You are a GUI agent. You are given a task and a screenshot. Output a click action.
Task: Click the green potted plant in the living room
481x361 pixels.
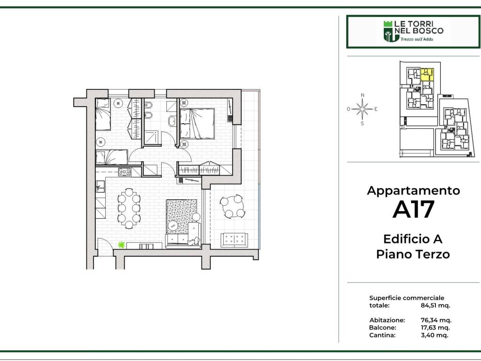click(122, 245)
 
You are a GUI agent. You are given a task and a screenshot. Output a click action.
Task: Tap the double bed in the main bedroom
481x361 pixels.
click(197, 124)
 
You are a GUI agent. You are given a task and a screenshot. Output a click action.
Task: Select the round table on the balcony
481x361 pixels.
click(232, 207)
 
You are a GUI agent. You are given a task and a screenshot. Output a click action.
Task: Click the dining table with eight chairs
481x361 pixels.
click(129, 208)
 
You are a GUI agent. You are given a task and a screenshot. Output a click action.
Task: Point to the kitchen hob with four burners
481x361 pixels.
click(124, 172)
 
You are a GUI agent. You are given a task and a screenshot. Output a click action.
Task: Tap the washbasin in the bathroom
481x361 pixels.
click(172, 121)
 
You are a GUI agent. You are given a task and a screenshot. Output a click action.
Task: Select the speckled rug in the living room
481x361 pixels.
click(181, 216)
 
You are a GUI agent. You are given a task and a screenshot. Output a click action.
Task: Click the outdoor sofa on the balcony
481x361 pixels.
click(234, 240)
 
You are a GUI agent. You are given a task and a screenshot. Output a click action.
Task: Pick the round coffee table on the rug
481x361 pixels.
click(172, 226)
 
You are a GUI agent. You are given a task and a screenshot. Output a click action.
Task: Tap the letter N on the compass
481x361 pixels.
click(363, 95)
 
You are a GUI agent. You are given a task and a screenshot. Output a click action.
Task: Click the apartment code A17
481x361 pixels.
click(413, 209)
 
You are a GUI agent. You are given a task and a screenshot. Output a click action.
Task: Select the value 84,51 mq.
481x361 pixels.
click(435, 306)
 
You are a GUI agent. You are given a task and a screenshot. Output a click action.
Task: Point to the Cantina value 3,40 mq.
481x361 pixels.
click(434, 335)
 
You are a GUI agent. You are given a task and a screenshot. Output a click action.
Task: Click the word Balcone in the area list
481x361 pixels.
click(382, 328)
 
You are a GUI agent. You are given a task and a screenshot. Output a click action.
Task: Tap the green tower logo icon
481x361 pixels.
click(388, 31)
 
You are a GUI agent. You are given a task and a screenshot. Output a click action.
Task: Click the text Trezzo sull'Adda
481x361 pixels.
click(417, 39)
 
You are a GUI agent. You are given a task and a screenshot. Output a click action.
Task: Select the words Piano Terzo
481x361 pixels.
click(413, 254)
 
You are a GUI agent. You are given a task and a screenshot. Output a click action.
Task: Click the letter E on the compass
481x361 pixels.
click(376, 109)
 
